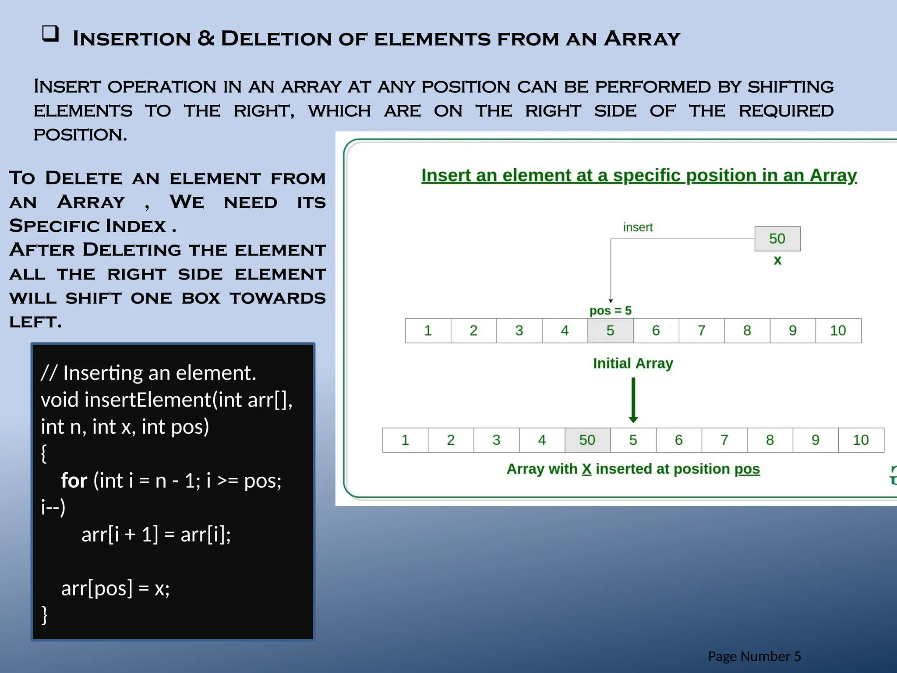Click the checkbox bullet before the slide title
50,34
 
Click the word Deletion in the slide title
276,39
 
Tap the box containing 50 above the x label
777,239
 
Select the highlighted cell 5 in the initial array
610,330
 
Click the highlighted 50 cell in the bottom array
587,440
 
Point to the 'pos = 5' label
610,311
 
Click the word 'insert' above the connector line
638,227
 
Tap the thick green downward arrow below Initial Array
633,400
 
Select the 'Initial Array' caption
633,363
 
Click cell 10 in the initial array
838,330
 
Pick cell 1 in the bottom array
405,440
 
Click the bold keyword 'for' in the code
74,481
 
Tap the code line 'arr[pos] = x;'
115,588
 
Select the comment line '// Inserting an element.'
148,373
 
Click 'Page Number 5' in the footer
754,656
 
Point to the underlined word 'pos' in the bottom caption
747,469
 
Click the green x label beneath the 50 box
777,260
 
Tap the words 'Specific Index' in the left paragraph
88,226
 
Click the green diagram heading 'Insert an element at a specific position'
639,175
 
